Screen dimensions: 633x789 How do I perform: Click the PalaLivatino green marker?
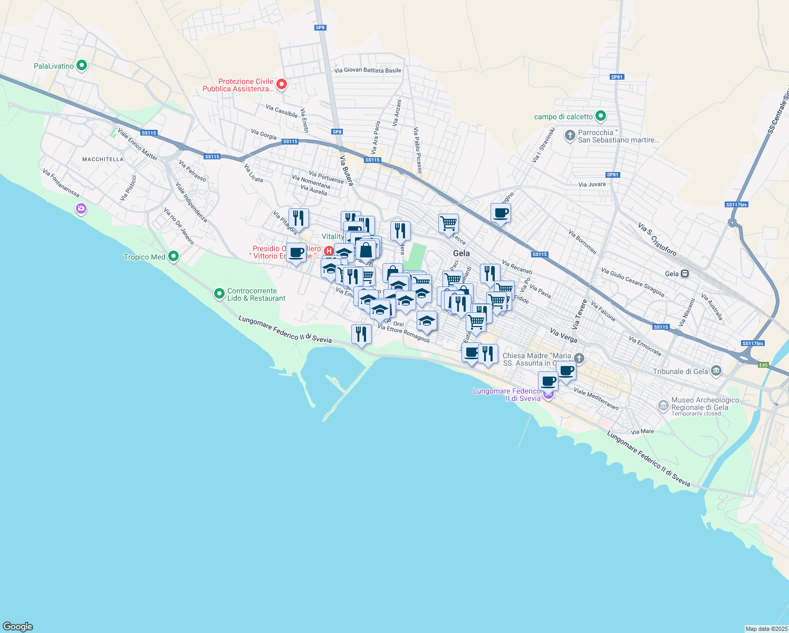coord(82,66)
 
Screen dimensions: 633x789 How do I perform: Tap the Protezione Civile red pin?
coord(282,84)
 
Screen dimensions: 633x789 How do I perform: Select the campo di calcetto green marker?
coord(600,116)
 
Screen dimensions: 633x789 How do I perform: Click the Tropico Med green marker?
coord(173,257)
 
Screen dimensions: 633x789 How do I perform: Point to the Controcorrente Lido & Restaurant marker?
coord(219,294)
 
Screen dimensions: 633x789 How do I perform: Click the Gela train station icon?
coord(685,274)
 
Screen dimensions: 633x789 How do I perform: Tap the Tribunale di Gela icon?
coord(716,371)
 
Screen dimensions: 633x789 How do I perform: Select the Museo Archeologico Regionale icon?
coord(663,406)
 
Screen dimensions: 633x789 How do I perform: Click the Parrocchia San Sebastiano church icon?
coord(570,136)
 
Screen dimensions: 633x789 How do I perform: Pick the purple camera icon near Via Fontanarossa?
coord(81,209)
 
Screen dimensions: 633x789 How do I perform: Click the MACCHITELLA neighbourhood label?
coord(103,159)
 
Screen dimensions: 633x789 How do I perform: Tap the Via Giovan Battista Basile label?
coord(368,71)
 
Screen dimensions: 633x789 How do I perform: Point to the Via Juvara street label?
coord(592,185)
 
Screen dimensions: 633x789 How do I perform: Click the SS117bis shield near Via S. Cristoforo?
coord(736,205)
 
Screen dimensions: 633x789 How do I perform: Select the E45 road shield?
coord(763,365)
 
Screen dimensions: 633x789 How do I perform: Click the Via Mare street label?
coord(642,431)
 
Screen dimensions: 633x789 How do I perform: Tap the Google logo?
coord(18,627)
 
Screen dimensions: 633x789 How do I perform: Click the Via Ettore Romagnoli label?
coord(403,334)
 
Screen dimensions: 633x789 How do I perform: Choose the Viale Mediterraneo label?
coord(596,399)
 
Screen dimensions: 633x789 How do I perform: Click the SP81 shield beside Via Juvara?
coord(612,175)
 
